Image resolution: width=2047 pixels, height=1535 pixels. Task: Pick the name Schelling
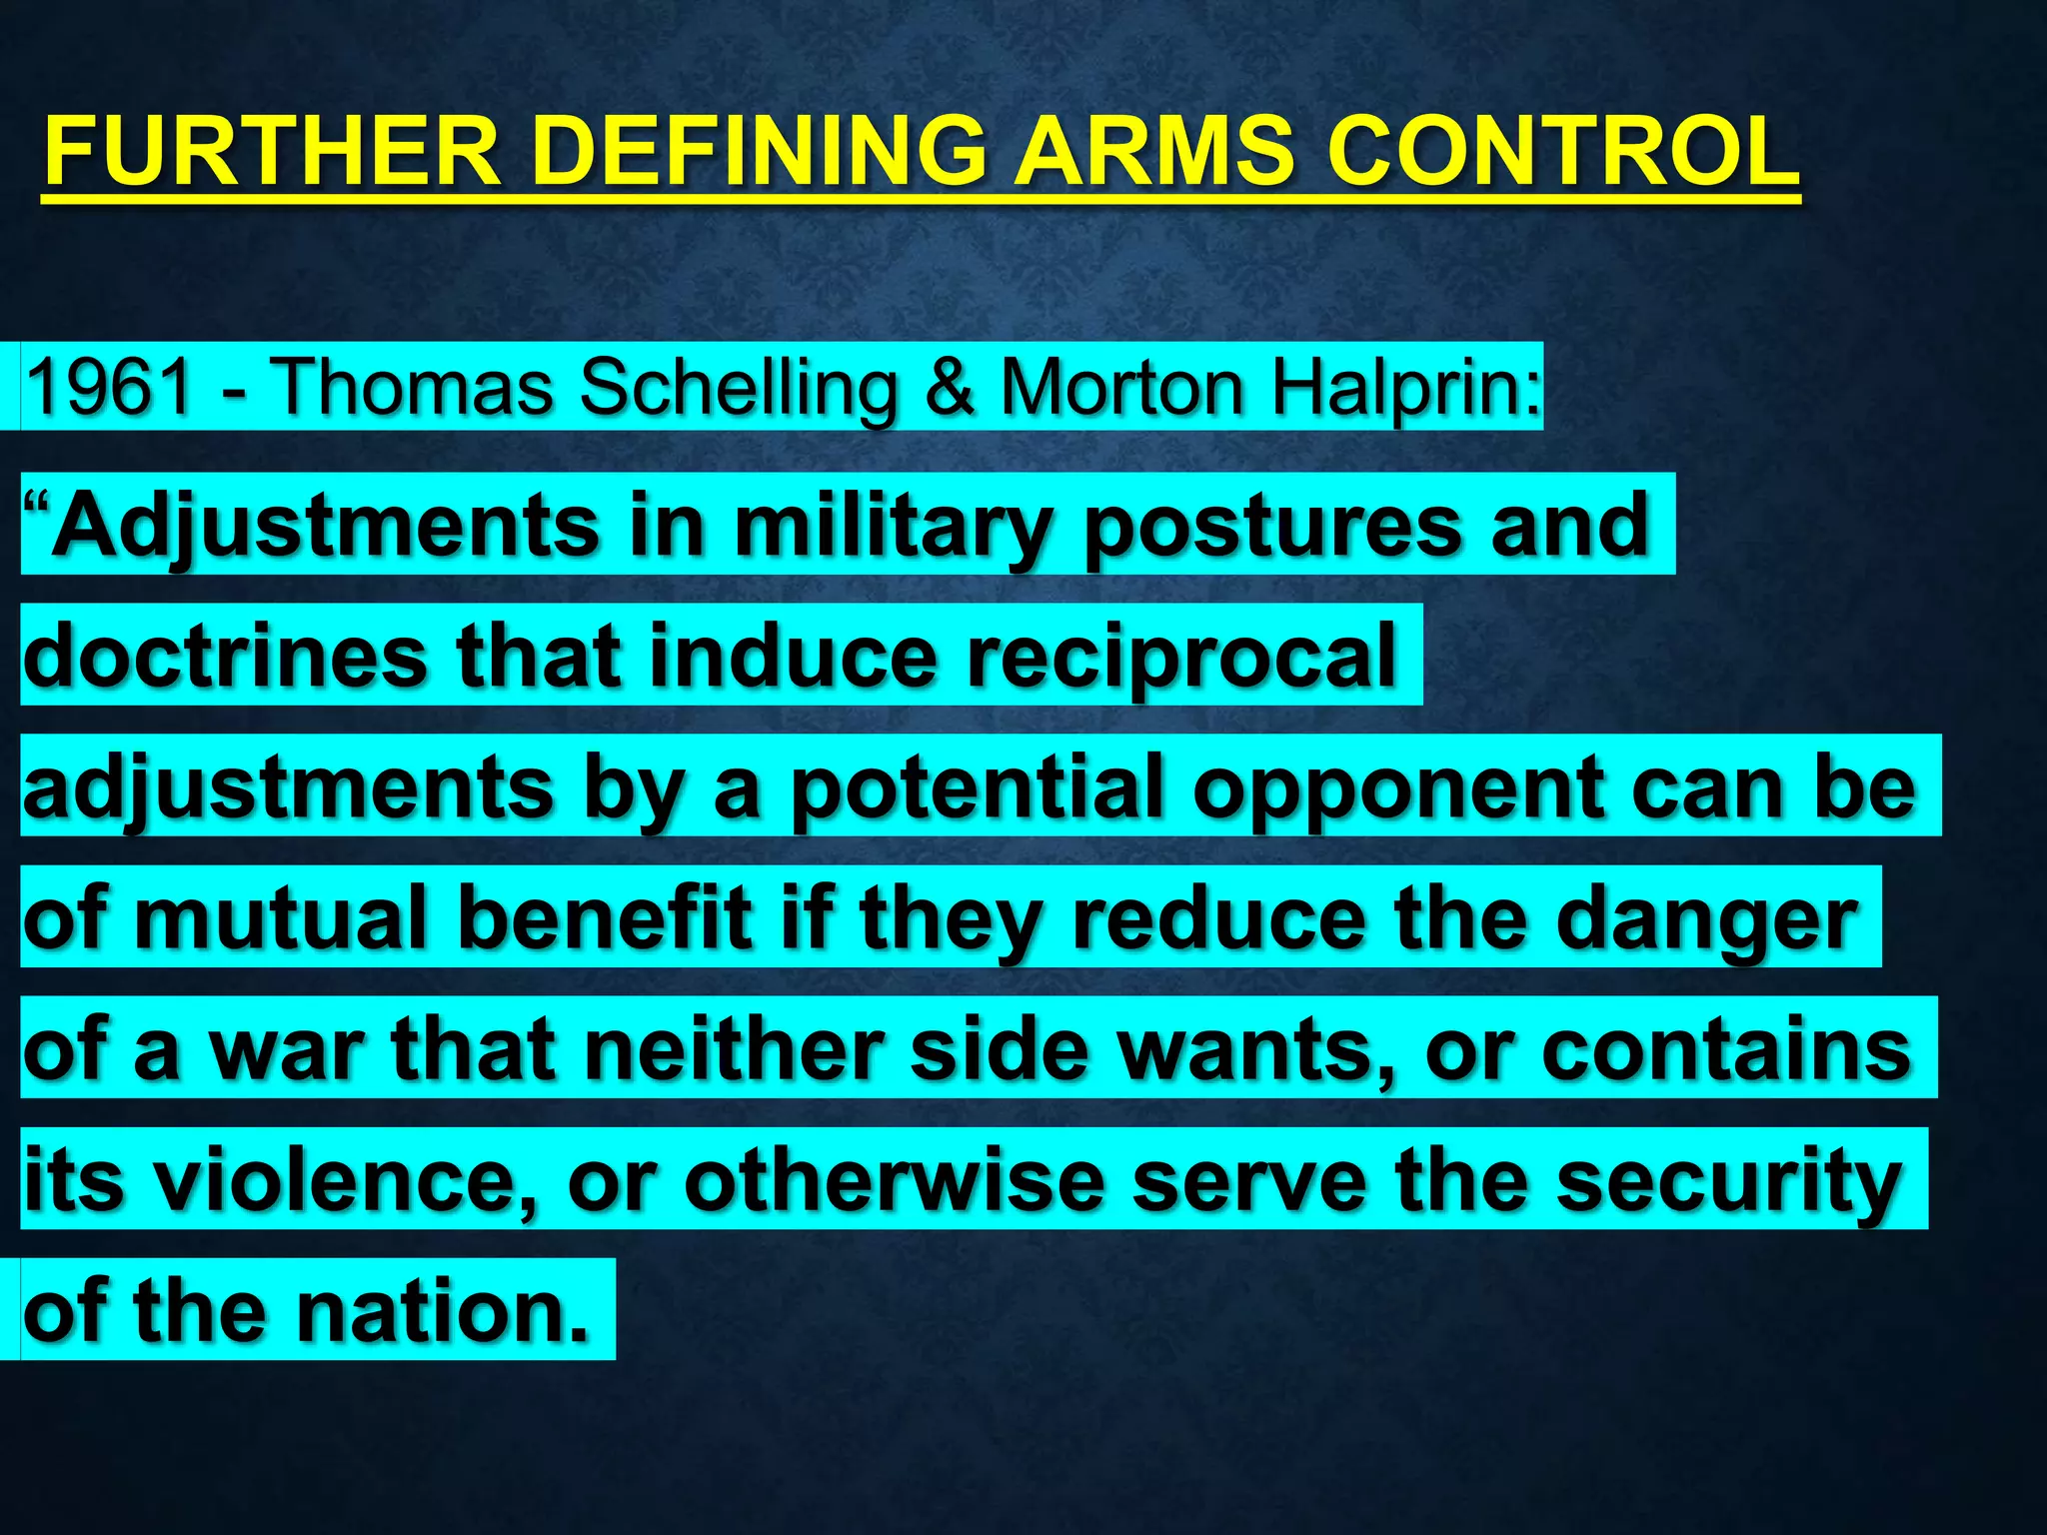coord(740,387)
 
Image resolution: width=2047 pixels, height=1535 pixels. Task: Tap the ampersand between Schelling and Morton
coord(950,387)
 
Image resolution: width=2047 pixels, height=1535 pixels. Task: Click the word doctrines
coord(226,656)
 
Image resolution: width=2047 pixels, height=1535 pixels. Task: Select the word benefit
coord(605,917)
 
